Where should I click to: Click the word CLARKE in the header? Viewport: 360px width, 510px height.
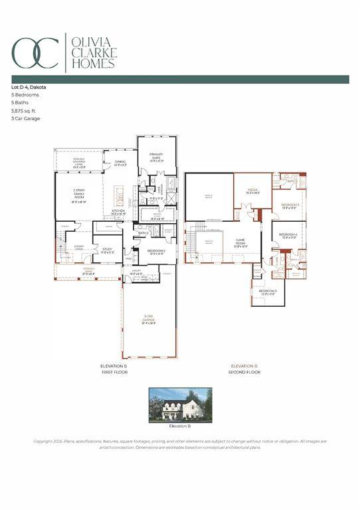(x=94, y=52)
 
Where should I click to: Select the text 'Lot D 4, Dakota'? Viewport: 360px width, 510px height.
(x=29, y=87)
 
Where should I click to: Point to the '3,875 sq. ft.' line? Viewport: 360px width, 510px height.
(x=24, y=111)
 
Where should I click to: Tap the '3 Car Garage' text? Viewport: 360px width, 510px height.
(x=26, y=119)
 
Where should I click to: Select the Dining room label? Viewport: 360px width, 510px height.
(x=120, y=163)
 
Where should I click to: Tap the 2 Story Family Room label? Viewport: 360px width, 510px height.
(x=78, y=197)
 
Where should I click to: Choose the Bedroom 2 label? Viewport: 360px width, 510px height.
(x=156, y=252)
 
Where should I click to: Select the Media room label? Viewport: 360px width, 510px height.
(x=252, y=191)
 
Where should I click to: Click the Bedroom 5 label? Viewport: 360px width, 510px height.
(x=290, y=206)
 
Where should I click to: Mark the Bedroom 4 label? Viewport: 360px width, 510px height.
(x=288, y=236)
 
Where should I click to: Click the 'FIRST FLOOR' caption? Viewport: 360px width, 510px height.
(x=114, y=373)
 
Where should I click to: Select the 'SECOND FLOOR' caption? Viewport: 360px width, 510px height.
(x=244, y=373)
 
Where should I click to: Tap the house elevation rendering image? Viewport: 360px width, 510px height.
(x=180, y=405)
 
